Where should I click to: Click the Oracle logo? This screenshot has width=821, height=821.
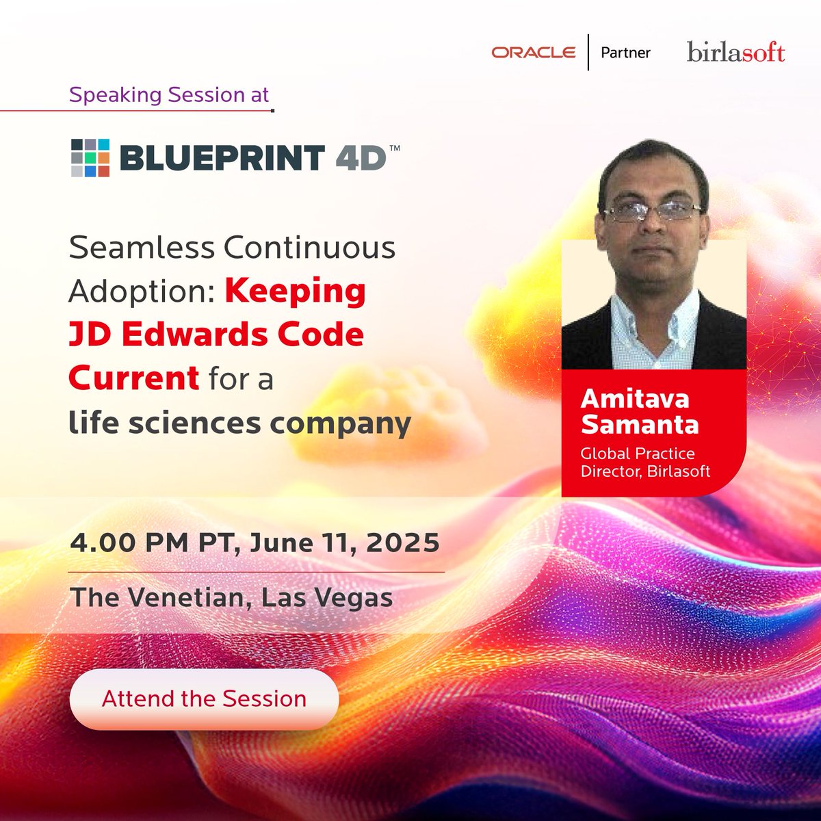click(533, 53)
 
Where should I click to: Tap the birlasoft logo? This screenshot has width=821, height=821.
click(735, 53)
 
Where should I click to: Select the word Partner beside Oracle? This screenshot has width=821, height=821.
click(625, 53)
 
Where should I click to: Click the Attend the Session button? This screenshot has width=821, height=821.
click(204, 699)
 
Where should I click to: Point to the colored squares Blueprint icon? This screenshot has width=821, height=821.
click(90, 157)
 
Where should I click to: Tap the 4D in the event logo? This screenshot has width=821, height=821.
click(361, 159)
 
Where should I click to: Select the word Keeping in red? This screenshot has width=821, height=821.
click(296, 291)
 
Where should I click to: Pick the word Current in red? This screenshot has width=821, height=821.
click(134, 378)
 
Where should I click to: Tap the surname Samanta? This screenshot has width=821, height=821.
click(640, 424)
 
